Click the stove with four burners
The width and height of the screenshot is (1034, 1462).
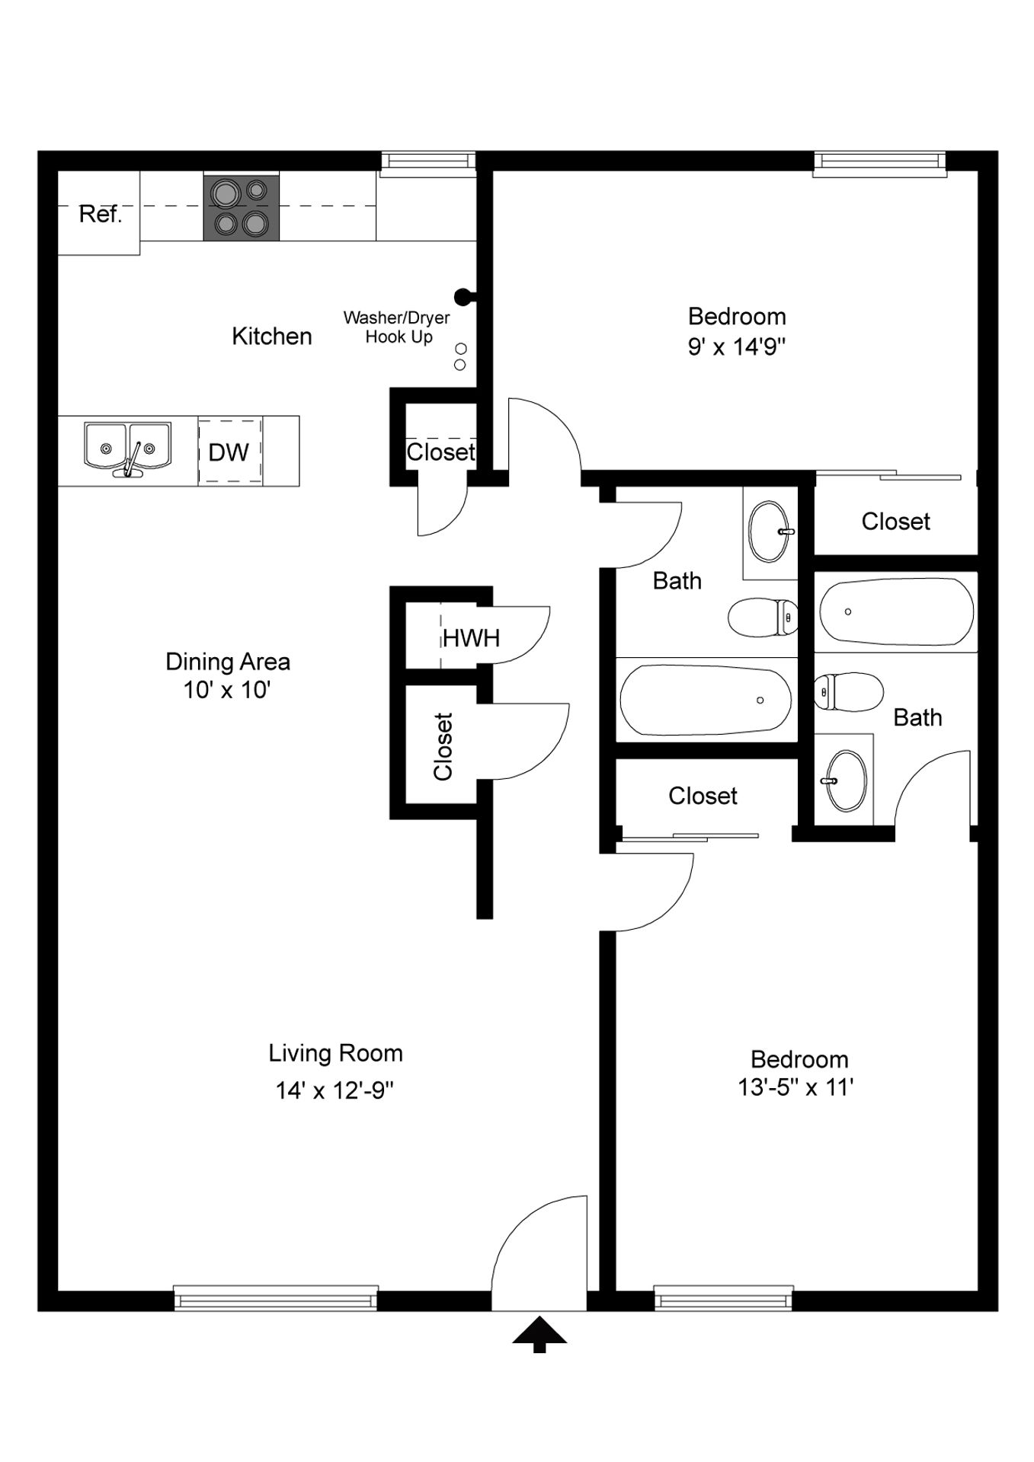(x=241, y=206)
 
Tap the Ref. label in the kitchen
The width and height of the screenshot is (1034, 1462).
(x=101, y=214)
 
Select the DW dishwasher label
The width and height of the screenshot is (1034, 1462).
(x=229, y=452)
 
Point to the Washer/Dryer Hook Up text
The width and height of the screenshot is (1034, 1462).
(x=397, y=327)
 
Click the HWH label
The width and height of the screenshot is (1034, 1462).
(x=472, y=638)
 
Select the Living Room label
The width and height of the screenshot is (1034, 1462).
(x=335, y=1053)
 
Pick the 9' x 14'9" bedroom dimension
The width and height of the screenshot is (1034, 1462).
(x=737, y=347)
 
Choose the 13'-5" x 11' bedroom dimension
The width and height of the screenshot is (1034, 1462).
(x=796, y=1087)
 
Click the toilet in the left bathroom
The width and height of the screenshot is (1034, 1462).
(x=763, y=617)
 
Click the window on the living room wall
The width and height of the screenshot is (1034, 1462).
(x=276, y=1298)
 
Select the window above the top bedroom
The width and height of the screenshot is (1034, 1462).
(x=880, y=164)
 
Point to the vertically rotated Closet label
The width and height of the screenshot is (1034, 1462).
(x=443, y=746)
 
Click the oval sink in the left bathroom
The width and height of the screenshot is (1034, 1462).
(x=771, y=531)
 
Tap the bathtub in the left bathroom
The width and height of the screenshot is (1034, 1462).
(x=706, y=701)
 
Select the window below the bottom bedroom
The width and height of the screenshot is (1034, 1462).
(x=724, y=1298)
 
